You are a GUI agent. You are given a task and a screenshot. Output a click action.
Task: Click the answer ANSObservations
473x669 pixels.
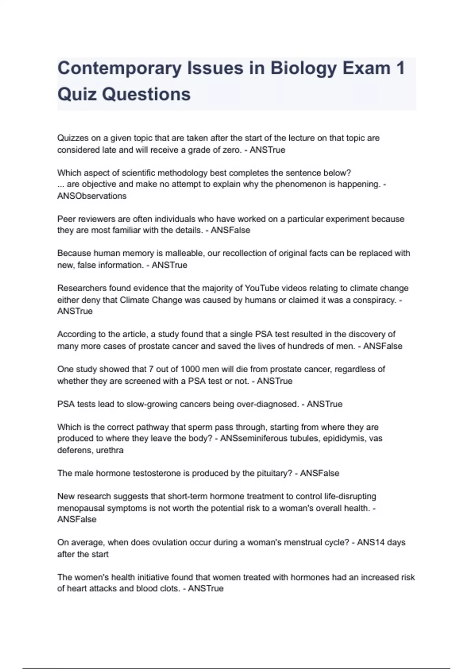[92, 196]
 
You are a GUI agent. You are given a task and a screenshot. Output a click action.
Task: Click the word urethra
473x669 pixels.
[110, 450]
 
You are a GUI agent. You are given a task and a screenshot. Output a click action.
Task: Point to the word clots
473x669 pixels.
[168, 589]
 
